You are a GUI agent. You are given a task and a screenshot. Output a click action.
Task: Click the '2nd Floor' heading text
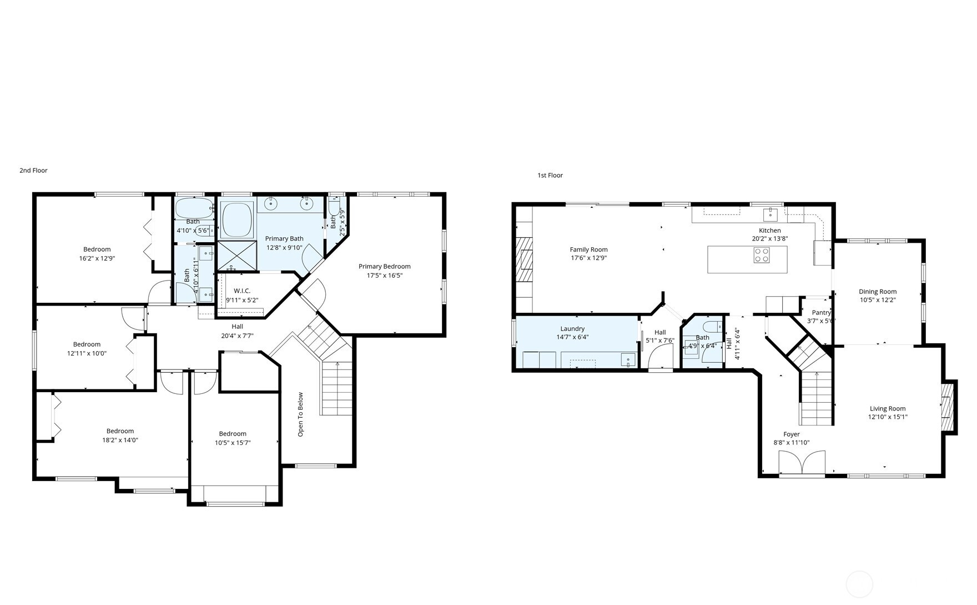(33, 171)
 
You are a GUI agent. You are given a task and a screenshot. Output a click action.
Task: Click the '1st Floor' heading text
(550, 176)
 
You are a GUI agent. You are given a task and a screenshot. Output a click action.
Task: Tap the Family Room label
(588, 250)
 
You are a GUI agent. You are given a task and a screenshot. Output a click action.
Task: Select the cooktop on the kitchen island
(762, 255)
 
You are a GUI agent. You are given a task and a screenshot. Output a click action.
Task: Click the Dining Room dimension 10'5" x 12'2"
(877, 300)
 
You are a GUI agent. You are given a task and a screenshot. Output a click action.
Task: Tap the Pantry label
(821, 313)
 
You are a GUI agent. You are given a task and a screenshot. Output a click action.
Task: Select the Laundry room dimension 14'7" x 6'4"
(572, 337)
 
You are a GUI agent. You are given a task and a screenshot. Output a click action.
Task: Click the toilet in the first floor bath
(711, 326)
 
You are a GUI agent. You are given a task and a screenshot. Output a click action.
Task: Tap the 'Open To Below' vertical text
(300, 414)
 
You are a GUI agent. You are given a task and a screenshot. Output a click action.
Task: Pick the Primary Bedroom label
(384, 267)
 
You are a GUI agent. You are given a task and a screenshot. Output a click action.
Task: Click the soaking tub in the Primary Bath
(237, 220)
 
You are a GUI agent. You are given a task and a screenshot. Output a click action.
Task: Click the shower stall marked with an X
(237, 256)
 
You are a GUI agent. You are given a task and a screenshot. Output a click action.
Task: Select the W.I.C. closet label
(242, 291)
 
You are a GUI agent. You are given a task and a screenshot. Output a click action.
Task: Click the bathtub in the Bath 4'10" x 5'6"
(193, 209)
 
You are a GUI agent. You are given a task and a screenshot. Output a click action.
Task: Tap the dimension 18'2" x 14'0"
(120, 440)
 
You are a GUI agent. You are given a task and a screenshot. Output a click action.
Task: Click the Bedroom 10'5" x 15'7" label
(232, 434)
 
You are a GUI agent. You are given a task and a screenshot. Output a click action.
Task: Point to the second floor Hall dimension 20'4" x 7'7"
(237, 336)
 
